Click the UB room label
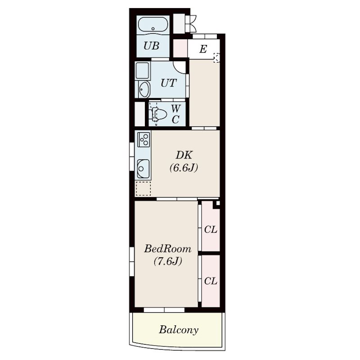tap(151, 46)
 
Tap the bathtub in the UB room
tap(153, 26)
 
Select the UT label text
tap(168, 83)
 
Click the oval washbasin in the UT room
tap(144, 89)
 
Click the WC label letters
tap(175, 114)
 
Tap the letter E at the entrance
tap(203, 49)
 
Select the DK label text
tap(184, 155)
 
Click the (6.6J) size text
tap(184, 168)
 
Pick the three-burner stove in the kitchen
tap(144, 139)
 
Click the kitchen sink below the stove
tap(143, 169)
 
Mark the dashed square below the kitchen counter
tap(143, 189)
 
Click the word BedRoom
tap(167, 249)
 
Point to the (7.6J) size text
tap(168, 261)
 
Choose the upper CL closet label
tap(211, 229)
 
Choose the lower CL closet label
tap(211, 281)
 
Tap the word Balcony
tap(179, 330)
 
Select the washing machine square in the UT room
tap(143, 71)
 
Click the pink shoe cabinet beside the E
tap(180, 48)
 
